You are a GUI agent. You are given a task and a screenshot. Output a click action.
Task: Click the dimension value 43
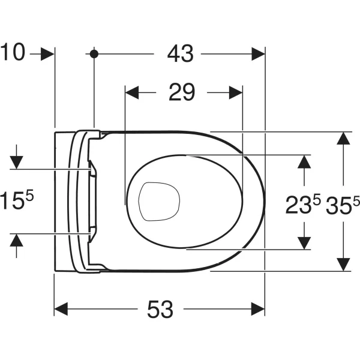(180, 54)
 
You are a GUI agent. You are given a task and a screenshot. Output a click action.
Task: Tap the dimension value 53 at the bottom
(160, 310)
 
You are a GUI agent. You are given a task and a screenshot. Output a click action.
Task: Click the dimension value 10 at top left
(13, 53)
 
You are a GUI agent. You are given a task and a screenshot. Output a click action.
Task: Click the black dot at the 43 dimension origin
(94, 54)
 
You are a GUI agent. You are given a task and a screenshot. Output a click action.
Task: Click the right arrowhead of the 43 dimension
(258, 54)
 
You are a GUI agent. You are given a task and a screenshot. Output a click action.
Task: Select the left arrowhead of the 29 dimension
(131, 93)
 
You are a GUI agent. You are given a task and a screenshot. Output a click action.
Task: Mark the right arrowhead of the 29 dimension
(235, 93)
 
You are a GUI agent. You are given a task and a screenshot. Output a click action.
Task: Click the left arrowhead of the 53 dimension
(61, 310)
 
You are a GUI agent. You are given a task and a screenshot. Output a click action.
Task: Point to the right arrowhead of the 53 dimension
(258, 310)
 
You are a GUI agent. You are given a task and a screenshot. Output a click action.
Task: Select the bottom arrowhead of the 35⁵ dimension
(343, 263)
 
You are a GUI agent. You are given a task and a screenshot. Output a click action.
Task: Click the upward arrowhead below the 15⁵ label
(16, 241)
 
